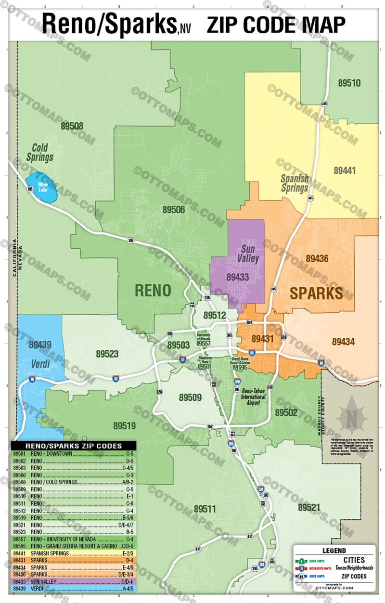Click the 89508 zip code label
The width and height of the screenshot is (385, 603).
pos(72,126)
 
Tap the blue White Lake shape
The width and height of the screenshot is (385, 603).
pos(42,187)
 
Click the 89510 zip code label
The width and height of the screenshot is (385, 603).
pos(349,83)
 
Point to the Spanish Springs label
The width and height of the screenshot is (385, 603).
pos(295,183)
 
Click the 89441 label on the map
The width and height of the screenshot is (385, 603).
pos(345,170)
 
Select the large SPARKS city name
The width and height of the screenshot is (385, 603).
pos(316,293)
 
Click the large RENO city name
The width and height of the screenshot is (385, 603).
pos(153,290)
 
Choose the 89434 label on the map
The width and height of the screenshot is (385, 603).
pos(343,342)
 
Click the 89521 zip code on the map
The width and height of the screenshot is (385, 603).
pos(308,508)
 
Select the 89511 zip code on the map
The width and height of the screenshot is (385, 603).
pos(205,509)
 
